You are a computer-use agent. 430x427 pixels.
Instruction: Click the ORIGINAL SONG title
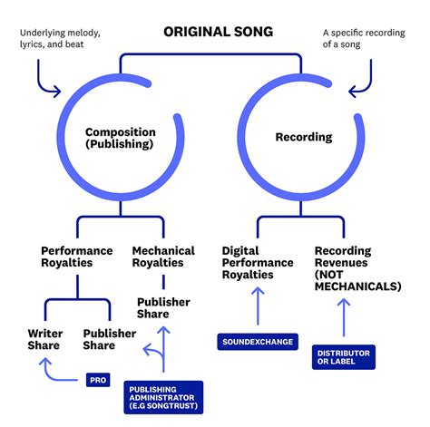(x=218, y=32)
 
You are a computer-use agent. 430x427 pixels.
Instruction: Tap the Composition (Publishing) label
(x=121, y=138)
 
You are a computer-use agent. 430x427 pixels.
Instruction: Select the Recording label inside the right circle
(x=304, y=137)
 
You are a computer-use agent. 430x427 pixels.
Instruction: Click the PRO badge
(x=98, y=380)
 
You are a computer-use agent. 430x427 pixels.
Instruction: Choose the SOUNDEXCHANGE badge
(x=258, y=342)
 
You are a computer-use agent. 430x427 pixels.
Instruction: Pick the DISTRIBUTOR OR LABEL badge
(x=344, y=357)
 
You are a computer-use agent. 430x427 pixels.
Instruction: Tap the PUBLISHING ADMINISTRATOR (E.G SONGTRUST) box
(x=163, y=397)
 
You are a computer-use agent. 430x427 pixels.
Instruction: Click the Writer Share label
(x=45, y=339)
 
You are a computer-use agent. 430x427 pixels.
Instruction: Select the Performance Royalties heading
(x=77, y=257)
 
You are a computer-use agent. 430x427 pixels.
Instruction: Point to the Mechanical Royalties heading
(x=163, y=257)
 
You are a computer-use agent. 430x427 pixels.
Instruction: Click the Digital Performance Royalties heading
(x=258, y=263)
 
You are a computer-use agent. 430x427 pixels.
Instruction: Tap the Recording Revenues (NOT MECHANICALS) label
(x=358, y=268)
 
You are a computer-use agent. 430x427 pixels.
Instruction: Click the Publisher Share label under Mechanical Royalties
(x=163, y=307)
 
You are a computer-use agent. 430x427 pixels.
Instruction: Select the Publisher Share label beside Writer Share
(x=110, y=339)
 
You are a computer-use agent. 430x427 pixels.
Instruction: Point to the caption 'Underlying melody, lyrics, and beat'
(x=60, y=38)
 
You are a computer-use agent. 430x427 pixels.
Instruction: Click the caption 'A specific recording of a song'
(x=364, y=38)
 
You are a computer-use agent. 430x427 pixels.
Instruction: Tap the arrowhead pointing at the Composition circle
(x=57, y=92)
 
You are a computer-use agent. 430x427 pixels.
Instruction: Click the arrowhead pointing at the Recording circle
(x=353, y=92)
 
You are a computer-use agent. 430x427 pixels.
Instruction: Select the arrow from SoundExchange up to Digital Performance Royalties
(x=258, y=306)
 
